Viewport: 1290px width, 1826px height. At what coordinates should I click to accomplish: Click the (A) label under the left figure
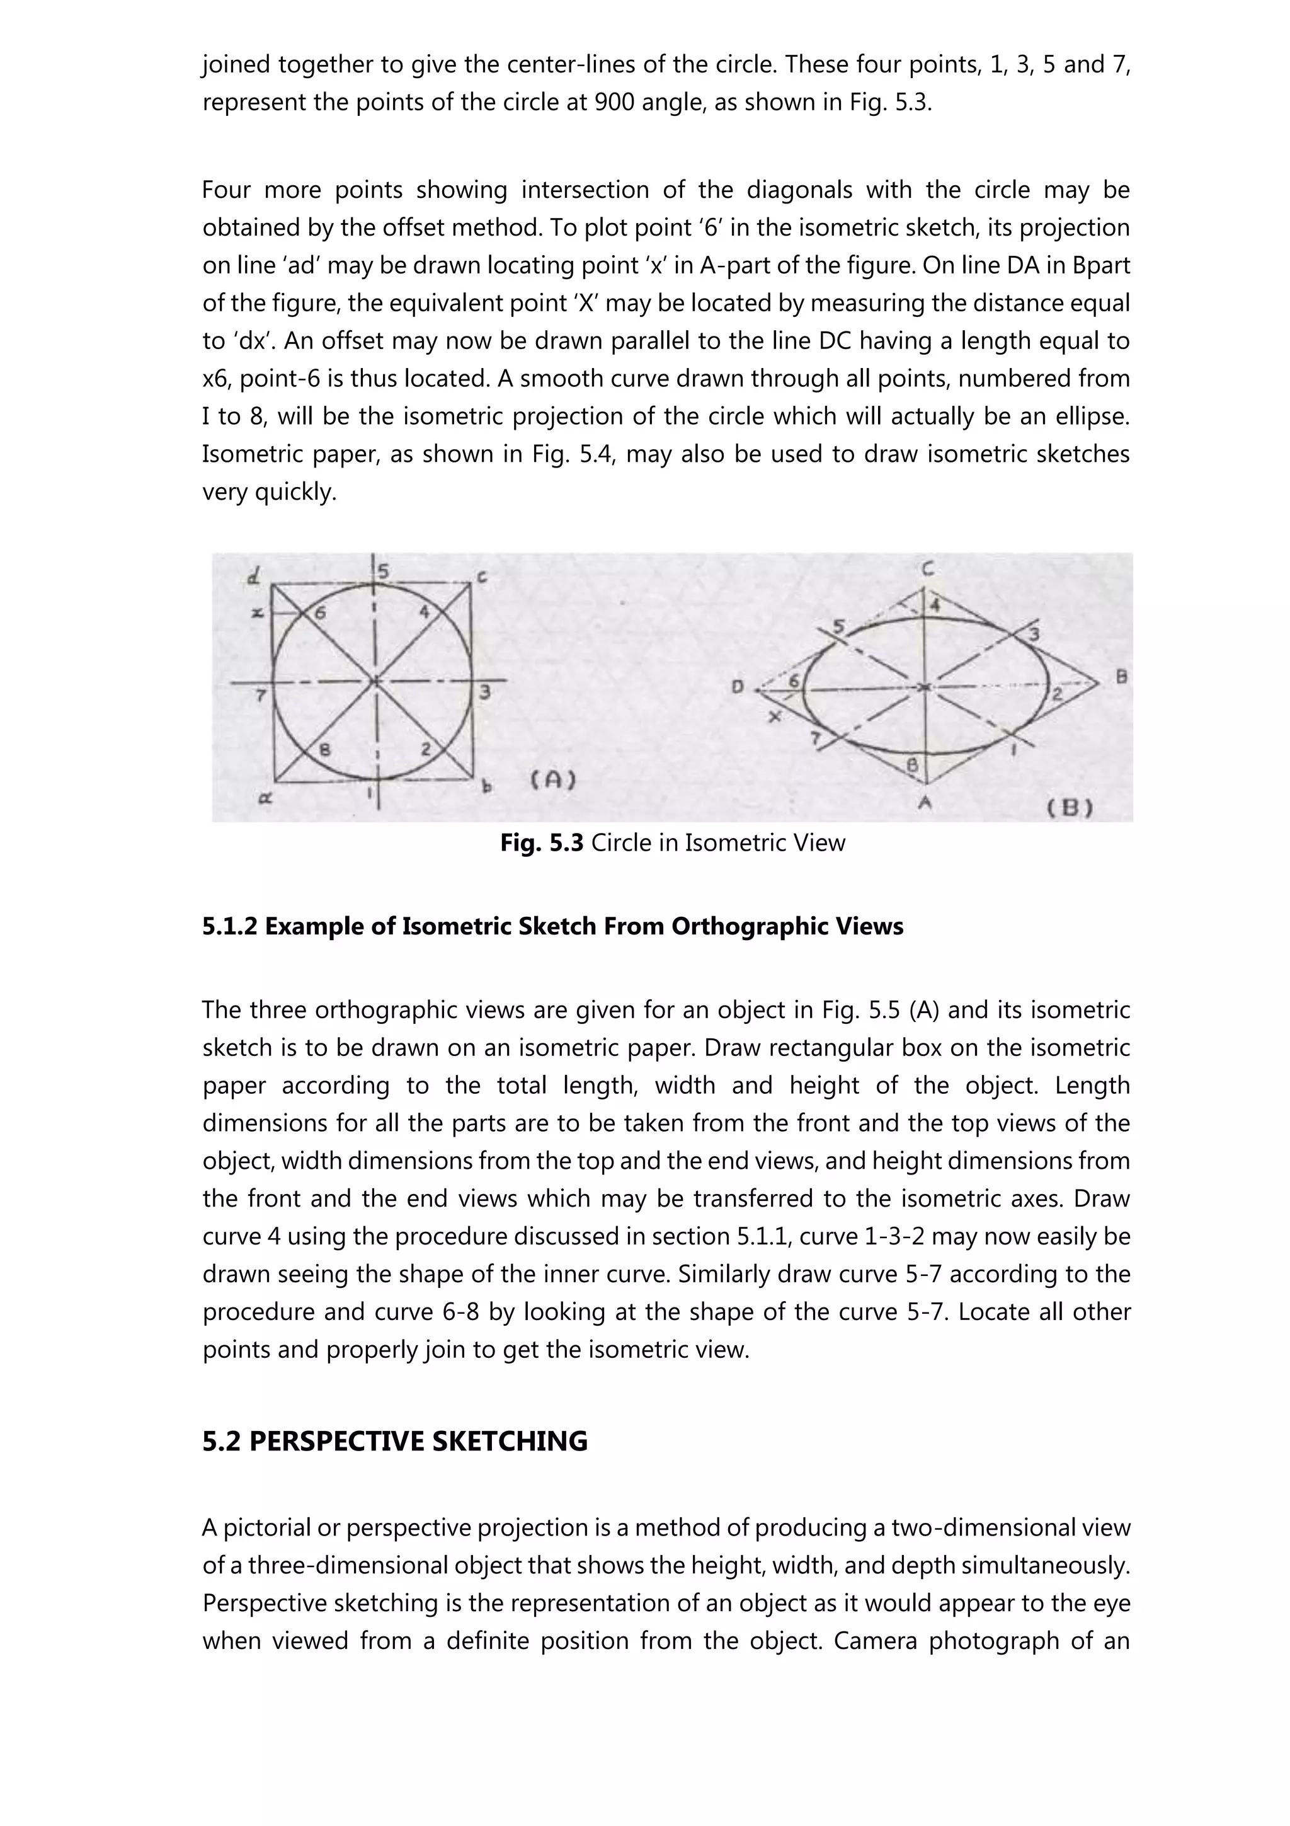553,780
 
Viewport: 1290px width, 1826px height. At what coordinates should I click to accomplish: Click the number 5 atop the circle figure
384,571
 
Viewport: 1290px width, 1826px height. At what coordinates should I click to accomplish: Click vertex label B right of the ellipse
1121,677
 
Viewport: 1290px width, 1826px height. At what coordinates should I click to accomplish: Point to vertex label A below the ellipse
925,803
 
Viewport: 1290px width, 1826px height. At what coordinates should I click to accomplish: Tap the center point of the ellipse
923,686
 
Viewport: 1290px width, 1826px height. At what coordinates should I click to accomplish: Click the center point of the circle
376,682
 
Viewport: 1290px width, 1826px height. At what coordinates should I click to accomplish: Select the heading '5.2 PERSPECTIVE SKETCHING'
394,1440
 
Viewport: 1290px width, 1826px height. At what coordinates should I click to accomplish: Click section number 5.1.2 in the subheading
230,926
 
